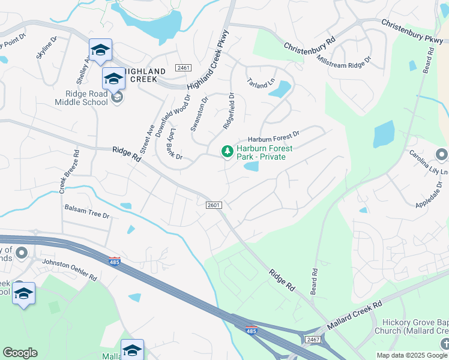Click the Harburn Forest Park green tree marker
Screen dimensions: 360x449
point(227,152)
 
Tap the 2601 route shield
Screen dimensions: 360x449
point(214,205)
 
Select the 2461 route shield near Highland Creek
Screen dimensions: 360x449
point(184,68)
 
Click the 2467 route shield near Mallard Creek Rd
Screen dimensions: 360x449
point(312,340)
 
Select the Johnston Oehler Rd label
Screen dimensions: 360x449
point(69,270)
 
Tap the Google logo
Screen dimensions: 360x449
point(20,353)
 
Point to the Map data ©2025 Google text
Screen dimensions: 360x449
point(411,355)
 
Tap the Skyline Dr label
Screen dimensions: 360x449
point(46,47)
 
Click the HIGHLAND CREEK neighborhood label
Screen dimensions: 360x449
point(140,76)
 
